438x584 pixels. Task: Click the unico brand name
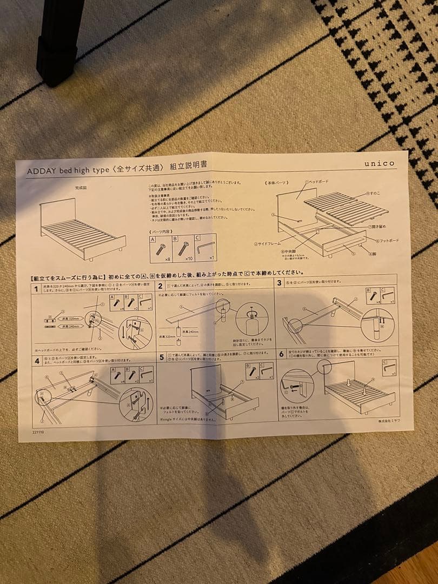point(379,163)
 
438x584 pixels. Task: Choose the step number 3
point(280,283)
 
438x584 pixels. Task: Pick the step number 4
point(37,361)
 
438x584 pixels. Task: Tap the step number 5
point(161,357)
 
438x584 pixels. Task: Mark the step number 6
point(281,354)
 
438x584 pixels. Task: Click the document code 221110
point(38,432)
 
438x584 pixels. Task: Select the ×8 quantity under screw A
point(161,260)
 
